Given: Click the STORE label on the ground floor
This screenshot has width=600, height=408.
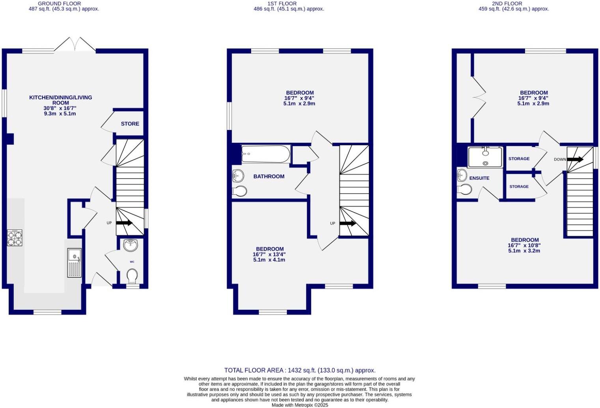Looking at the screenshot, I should [130, 124].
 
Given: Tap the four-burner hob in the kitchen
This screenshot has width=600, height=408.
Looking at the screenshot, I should [14, 238].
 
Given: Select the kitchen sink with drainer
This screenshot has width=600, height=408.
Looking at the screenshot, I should [74, 263].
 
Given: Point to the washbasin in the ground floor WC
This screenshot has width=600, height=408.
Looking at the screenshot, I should [130, 245].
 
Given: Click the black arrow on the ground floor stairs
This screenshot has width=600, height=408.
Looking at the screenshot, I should [124, 223].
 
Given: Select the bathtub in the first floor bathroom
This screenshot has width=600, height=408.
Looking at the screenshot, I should [266, 154].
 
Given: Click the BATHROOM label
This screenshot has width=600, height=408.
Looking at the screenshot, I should [269, 177].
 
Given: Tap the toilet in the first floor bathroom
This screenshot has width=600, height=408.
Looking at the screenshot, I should [240, 191].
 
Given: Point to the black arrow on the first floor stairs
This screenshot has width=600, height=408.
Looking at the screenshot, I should [348, 223].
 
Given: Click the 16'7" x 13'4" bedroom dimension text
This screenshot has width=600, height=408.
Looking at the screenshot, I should [269, 255].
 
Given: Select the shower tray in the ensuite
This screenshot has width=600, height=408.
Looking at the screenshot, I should [485, 157].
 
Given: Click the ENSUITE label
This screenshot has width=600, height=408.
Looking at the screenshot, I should [479, 178].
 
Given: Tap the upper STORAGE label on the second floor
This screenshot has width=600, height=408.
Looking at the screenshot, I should [519, 159].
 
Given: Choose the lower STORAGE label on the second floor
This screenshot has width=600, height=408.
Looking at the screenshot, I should [519, 186].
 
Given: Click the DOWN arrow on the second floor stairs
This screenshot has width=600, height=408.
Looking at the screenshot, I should [575, 159].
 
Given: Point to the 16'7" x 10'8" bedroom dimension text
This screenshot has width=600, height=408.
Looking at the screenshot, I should [524, 245].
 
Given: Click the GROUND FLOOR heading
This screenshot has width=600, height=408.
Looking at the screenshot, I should [60, 4].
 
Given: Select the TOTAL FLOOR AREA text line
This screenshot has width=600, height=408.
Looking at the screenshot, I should [300, 370].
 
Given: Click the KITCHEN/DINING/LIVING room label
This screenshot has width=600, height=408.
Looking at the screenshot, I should [60, 100].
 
